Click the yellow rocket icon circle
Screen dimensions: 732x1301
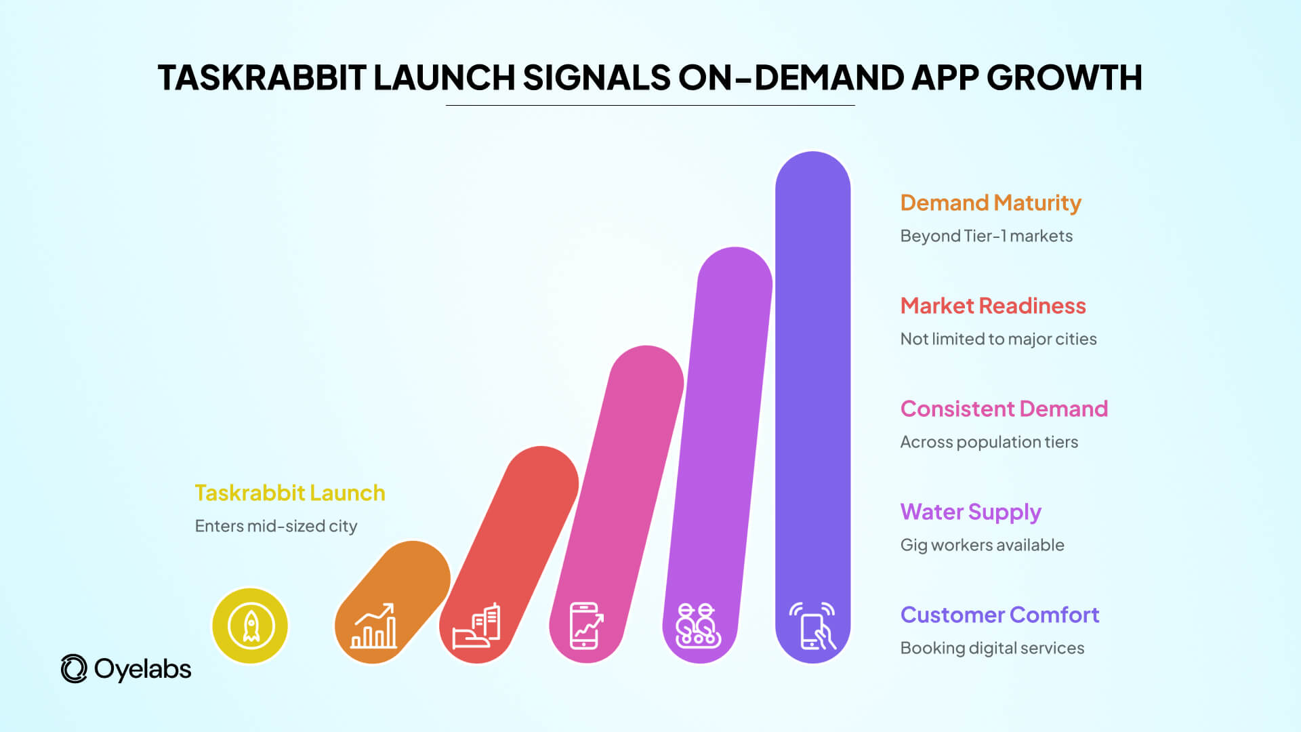coord(250,626)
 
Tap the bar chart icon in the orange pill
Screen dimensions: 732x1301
coord(373,626)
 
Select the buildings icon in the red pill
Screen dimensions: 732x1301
coord(477,626)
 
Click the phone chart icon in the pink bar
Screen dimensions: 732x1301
coord(585,626)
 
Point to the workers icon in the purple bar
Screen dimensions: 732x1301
coord(698,626)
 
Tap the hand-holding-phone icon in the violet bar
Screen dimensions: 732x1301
coord(812,626)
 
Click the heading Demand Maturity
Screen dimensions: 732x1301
coord(991,203)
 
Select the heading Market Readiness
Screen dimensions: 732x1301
coord(993,306)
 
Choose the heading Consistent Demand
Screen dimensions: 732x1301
coord(1004,409)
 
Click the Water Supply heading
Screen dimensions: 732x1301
coord(970,512)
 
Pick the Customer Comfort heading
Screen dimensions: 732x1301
coord(999,615)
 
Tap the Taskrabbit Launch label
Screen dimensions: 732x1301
coord(289,493)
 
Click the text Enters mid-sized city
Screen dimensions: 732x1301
coord(276,526)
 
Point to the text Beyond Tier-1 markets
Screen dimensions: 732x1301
coord(986,236)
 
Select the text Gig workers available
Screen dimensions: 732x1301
coord(982,545)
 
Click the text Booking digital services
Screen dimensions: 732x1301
coord(992,648)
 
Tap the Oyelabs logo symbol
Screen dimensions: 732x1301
coord(74,669)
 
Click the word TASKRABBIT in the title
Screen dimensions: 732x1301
coord(262,77)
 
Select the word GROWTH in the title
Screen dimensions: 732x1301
coord(1065,77)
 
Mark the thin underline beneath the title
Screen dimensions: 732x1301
coord(650,106)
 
